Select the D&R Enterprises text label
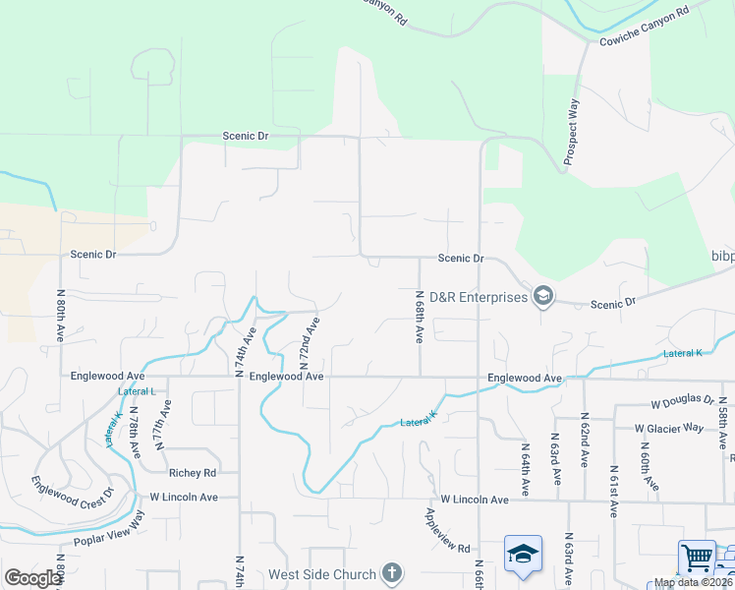pos(479,297)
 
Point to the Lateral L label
pos(137,391)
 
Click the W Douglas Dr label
pos(682,401)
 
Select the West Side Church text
pos(322,574)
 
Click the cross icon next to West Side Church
pos(391,573)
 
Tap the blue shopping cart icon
pos(697,559)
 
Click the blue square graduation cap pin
pos(523,554)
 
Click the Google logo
pos(31,578)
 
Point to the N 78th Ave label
pos(133,429)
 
